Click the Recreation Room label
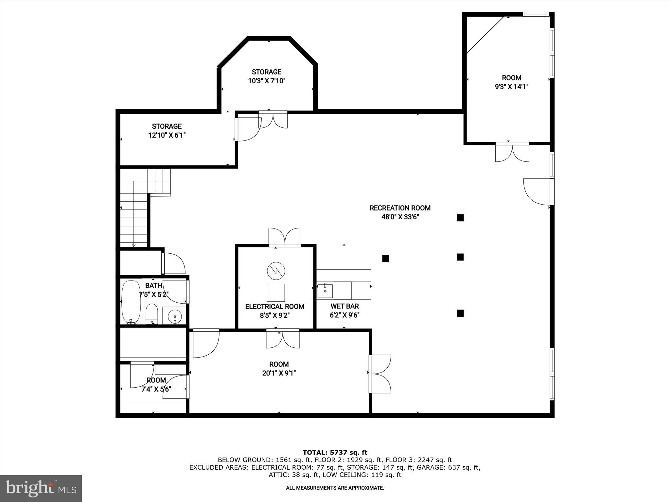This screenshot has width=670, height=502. [400, 208]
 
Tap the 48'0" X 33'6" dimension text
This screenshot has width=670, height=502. [400, 217]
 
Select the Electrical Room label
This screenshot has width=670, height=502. [275, 307]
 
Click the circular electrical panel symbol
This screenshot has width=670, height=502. [276, 271]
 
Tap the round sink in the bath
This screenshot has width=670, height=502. [175, 316]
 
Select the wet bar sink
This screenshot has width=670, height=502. [325, 291]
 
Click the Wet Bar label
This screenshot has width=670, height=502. [344, 306]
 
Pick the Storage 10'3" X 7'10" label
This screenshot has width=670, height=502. [267, 76]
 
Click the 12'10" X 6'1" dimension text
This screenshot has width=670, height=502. [167, 135]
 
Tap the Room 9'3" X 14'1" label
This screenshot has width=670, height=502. [512, 82]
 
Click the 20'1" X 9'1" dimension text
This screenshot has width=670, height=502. [279, 373]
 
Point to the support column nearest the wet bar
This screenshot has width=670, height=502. [386, 259]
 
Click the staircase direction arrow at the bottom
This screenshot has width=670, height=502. [133, 245]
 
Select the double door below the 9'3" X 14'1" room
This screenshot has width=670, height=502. [512, 152]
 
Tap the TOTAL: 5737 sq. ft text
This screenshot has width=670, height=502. [335, 452]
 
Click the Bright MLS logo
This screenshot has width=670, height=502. [41, 488]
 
